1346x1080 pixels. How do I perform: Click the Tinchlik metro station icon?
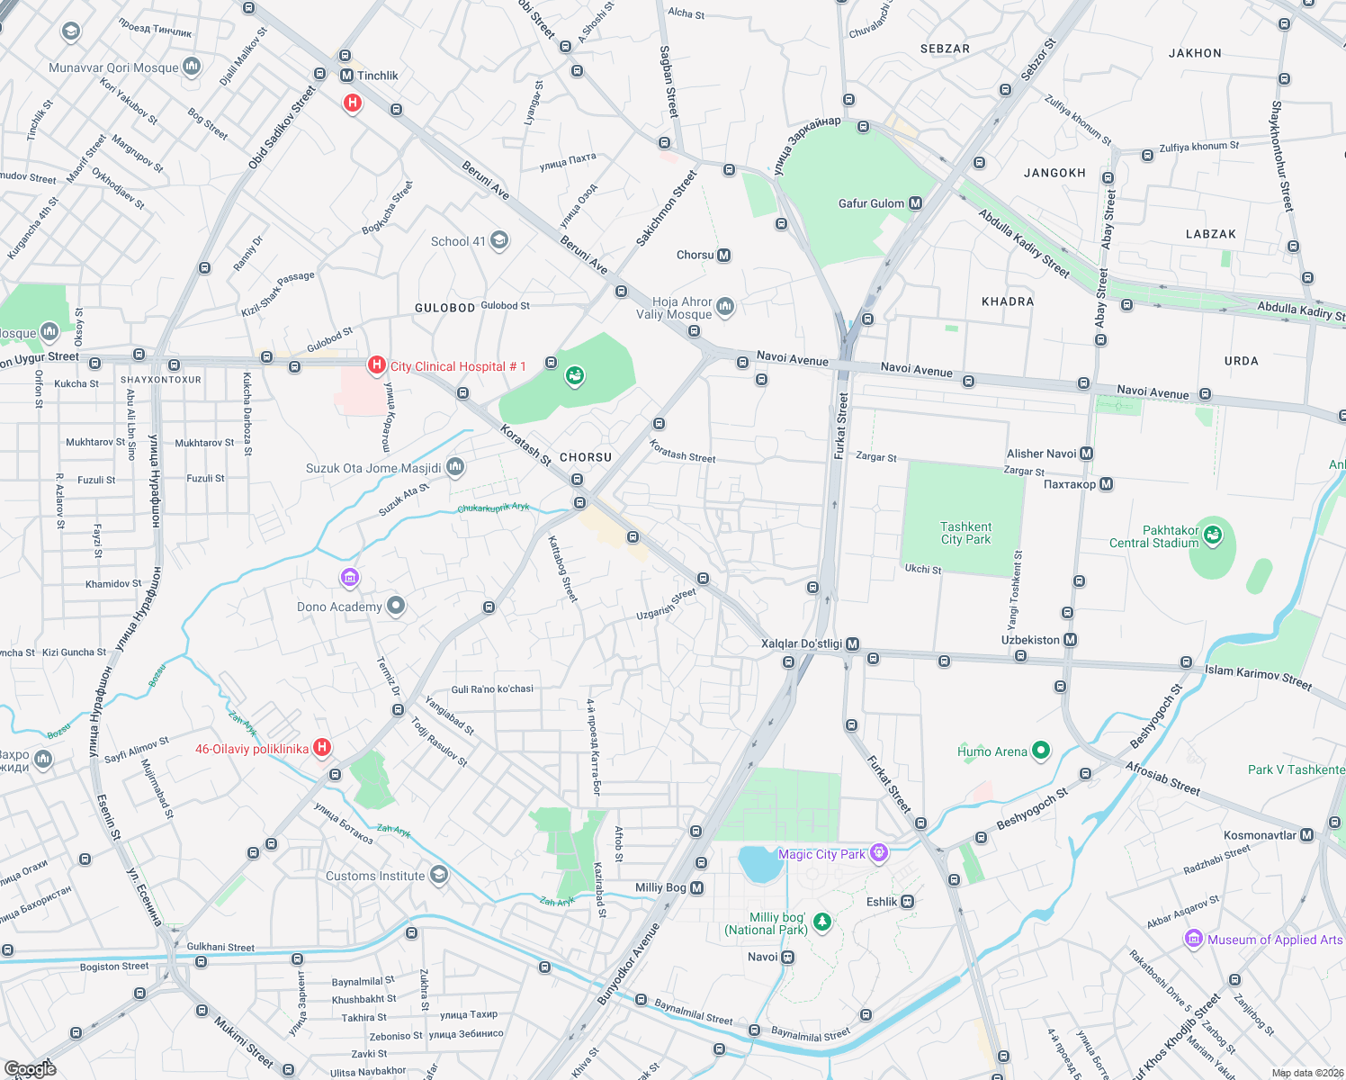346,76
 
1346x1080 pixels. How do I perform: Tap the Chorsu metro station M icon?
723,256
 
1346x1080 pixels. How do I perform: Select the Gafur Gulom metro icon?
915,203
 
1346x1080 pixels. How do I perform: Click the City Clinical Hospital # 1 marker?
377,365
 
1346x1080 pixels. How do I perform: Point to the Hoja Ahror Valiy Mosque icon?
725,307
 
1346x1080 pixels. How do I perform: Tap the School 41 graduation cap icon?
499,240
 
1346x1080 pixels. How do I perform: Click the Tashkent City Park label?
965,533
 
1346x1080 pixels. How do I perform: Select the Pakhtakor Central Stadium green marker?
1213,535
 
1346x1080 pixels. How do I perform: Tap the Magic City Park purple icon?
879,852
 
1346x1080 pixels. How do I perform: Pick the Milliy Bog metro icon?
696,888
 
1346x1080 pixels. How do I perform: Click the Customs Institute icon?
438,874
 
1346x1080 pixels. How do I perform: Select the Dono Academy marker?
395,606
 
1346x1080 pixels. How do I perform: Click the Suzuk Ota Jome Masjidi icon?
455,466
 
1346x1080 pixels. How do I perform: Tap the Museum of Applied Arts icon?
1193,940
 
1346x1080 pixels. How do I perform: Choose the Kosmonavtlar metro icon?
1307,835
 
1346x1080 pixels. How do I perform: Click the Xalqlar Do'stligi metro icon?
852,644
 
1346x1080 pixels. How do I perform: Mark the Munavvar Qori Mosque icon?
192,67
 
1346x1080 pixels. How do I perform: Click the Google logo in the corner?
30,1068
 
